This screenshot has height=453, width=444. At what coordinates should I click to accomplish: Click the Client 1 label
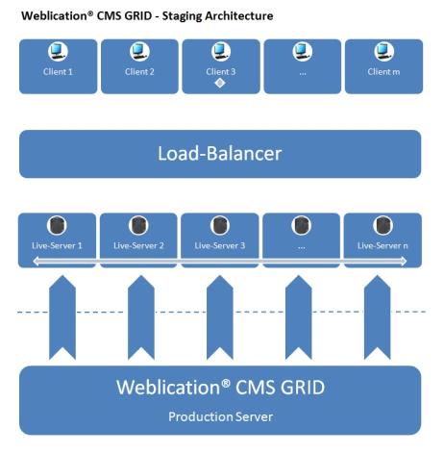pyautogui.click(x=58, y=72)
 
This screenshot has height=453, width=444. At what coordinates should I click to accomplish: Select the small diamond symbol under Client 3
pyautogui.click(x=220, y=85)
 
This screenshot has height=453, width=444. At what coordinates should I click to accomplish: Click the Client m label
pyautogui.click(x=382, y=72)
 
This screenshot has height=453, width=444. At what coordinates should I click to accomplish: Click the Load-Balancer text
pyautogui.click(x=220, y=154)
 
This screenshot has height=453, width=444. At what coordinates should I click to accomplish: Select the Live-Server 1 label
pyautogui.click(x=58, y=246)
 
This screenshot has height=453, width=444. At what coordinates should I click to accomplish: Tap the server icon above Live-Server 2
pyautogui.click(x=139, y=228)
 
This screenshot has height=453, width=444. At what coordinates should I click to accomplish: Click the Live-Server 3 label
pyautogui.click(x=220, y=246)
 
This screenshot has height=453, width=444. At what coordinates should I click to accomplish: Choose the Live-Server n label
pyautogui.click(x=382, y=246)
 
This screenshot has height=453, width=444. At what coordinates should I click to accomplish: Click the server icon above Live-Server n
pyautogui.click(x=382, y=228)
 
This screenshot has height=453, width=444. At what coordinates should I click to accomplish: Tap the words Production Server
pyautogui.click(x=220, y=416)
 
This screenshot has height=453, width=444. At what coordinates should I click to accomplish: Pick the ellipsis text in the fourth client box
pyautogui.click(x=302, y=72)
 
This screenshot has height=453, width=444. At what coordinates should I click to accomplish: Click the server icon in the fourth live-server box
pyautogui.click(x=302, y=228)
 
